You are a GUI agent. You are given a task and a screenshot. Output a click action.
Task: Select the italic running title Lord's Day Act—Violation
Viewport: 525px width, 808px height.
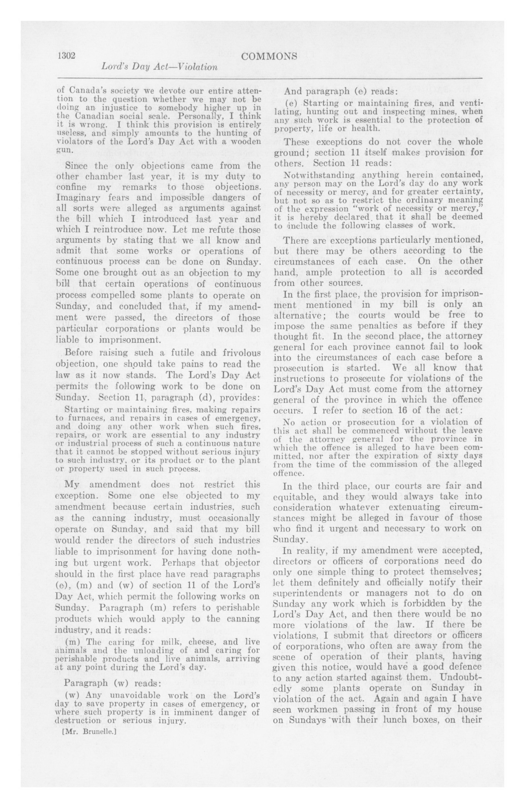coord(159,67)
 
